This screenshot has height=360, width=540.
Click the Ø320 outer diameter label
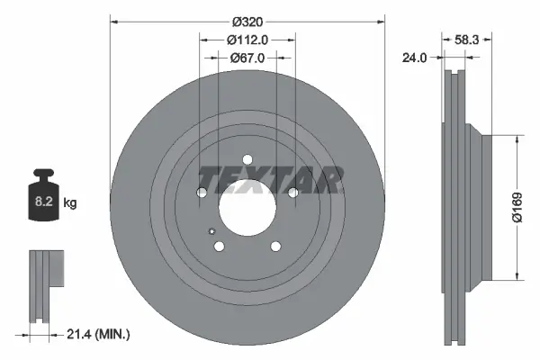pos(247,21)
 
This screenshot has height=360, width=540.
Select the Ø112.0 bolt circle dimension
pos(247,40)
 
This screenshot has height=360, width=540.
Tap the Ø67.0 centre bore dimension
pos(247,58)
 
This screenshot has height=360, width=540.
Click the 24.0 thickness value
pos(414,58)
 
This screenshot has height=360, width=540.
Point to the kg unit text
pos(70,203)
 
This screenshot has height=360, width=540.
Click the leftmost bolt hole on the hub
pos(202,192)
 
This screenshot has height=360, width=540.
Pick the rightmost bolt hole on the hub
pos(293,192)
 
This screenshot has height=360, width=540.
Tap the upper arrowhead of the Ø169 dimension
pos(517,140)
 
